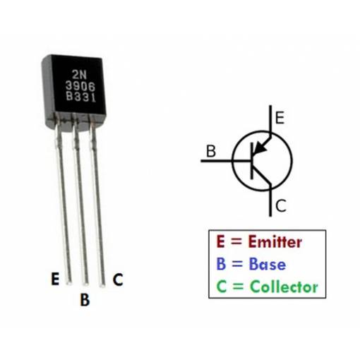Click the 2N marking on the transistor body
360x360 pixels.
(x=79, y=75)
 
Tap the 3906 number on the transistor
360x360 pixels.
(x=80, y=86)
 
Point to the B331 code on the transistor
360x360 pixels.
(x=81, y=97)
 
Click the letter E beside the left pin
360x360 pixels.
(x=55, y=279)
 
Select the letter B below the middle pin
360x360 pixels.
(x=85, y=299)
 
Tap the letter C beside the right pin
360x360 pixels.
(x=118, y=280)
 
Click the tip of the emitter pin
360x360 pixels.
(x=69, y=283)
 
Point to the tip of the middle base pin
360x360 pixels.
(x=85, y=284)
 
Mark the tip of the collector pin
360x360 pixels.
(x=102, y=285)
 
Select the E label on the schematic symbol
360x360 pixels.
(x=280, y=118)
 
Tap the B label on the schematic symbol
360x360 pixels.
(x=211, y=151)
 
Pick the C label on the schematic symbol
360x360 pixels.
(x=281, y=205)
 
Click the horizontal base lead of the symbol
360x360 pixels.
(x=225, y=161)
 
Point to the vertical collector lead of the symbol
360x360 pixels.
(x=270, y=200)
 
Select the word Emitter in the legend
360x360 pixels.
(x=275, y=241)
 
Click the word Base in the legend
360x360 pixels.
(x=268, y=264)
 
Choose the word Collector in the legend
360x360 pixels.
(x=284, y=287)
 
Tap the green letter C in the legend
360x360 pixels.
(x=221, y=287)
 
